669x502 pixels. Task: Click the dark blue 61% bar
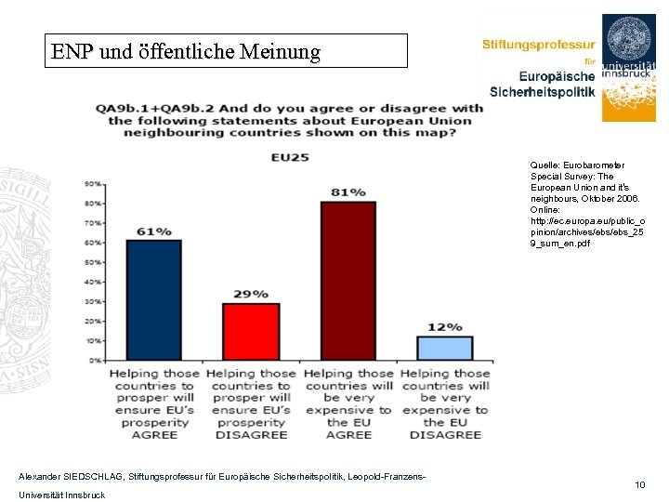pyautogui.click(x=154, y=299)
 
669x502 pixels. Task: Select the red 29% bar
pyautogui.click(x=251, y=331)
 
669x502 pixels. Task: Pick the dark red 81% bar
pyautogui.click(x=348, y=280)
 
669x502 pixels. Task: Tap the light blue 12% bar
pyautogui.click(x=445, y=348)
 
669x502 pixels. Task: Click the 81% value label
pyautogui.click(x=348, y=192)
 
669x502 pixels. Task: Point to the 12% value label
pyautogui.click(x=445, y=327)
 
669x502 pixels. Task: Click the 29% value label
pyautogui.click(x=251, y=295)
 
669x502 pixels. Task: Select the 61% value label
pyautogui.click(x=154, y=231)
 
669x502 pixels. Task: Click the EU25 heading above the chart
pyautogui.click(x=290, y=158)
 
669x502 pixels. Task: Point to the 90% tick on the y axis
pyautogui.click(x=94, y=183)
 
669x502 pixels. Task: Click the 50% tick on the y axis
pyautogui.click(x=94, y=262)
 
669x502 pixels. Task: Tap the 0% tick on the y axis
pyautogui.click(x=96, y=361)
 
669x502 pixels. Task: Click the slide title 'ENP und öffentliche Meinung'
pyautogui.click(x=186, y=52)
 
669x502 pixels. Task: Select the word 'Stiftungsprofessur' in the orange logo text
pyautogui.click(x=538, y=45)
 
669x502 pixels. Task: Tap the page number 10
pyautogui.click(x=640, y=485)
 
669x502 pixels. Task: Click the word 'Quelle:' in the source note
pyautogui.click(x=545, y=165)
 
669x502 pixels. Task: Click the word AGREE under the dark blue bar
pyautogui.click(x=154, y=434)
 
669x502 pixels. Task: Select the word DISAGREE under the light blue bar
pyautogui.click(x=446, y=434)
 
